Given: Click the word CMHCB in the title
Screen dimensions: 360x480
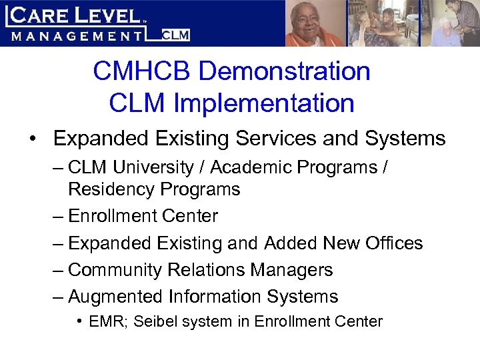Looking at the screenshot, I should pyautogui.click(x=137, y=71).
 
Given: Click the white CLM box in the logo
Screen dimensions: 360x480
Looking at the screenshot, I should pyautogui.click(x=176, y=35).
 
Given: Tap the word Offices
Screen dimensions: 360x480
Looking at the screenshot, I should pyautogui.click(x=394, y=243).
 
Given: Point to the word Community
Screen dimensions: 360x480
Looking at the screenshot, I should pyautogui.click(x=113, y=270).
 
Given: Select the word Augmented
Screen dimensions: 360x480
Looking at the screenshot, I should pyautogui.click(x=116, y=297).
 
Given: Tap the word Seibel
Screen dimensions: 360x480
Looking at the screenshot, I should pyautogui.click(x=153, y=322).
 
